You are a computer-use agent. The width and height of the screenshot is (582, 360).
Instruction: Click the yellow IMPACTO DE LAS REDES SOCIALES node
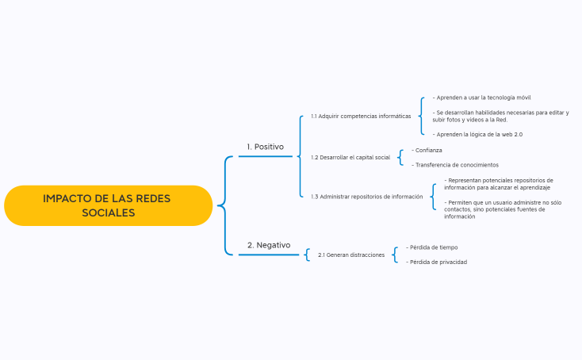(108, 205)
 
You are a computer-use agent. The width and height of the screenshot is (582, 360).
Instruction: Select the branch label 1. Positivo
(265, 147)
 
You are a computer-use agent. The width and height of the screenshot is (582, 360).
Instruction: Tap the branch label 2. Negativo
(268, 245)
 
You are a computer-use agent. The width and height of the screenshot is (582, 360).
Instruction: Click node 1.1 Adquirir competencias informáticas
(361, 116)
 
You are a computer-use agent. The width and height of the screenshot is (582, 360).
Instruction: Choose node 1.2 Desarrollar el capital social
(350, 157)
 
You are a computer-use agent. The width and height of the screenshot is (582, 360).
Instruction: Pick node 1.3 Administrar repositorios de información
(366, 197)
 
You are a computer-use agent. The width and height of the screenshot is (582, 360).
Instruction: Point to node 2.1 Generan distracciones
(351, 255)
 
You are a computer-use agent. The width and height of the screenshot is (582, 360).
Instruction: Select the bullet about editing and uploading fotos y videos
(500, 116)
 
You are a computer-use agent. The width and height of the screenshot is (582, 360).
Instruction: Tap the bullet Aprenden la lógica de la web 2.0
(478, 135)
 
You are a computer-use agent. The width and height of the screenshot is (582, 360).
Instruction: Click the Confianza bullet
(427, 150)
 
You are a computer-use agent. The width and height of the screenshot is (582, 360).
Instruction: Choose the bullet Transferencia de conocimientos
(455, 165)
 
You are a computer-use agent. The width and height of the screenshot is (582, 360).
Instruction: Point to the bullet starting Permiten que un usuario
(502, 210)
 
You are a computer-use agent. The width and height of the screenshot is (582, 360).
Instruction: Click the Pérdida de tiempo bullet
(432, 247)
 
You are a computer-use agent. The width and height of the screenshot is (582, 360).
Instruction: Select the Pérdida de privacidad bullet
(437, 262)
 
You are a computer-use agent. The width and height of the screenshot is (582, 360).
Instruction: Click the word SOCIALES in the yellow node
(108, 213)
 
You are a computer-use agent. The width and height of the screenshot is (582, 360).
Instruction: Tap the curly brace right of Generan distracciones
(395, 255)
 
